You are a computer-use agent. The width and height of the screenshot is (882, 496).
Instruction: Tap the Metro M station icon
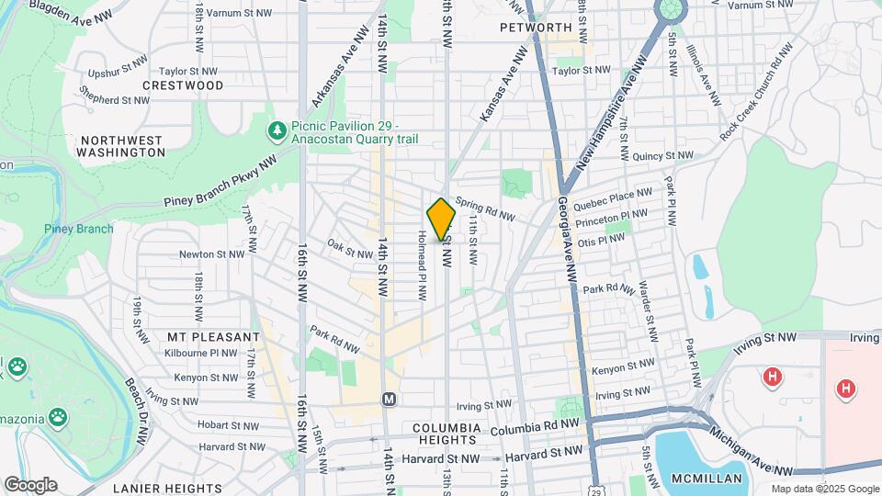point(389,400)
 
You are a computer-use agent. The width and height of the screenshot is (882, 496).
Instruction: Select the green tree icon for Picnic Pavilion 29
point(277,132)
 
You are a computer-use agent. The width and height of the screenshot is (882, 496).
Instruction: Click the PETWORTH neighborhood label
point(536,28)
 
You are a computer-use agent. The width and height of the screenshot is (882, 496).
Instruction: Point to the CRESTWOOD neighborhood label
point(184,85)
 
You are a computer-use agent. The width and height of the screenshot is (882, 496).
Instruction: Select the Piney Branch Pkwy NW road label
point(221,181)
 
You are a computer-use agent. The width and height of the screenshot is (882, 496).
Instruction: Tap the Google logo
point(30,484)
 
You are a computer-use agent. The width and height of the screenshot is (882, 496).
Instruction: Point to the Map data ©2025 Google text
point(824,489)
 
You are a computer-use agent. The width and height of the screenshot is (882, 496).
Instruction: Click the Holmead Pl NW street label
point(422,266)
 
